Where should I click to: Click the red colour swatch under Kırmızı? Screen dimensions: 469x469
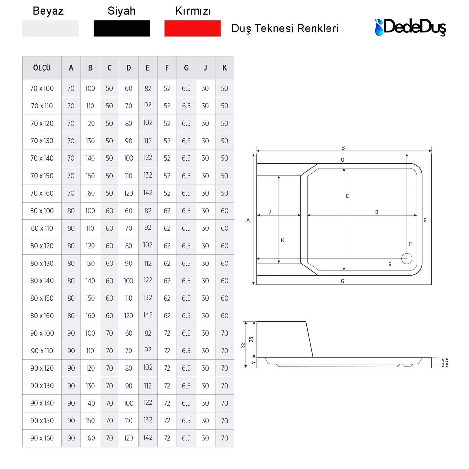coord(192,29)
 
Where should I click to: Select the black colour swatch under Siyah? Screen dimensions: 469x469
coord(122,29)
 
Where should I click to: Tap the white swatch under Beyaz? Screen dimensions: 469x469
coord(50,29)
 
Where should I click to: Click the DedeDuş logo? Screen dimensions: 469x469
coord(410,27)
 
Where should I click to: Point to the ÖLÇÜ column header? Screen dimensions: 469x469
coord(42,68)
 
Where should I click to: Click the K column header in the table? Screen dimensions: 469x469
coord(224,68)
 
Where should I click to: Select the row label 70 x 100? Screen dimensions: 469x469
coord(42,88)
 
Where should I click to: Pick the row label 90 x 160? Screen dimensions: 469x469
coord(42,438)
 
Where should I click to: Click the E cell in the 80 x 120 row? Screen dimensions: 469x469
coord(148,245)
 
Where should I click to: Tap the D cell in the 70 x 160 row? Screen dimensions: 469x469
coord(129,193)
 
